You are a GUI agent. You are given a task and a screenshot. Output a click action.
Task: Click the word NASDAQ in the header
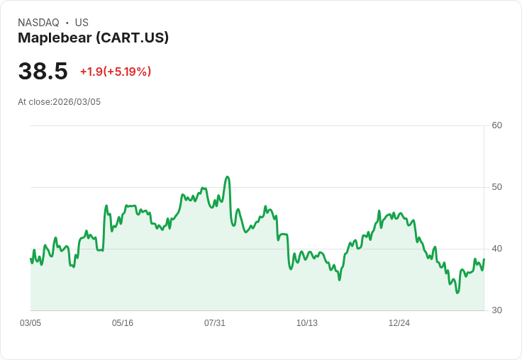(x=38, y=23)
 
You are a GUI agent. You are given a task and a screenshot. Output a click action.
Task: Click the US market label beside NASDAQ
(x=82, y=23)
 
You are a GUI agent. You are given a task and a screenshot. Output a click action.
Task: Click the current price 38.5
(x=43, y=71)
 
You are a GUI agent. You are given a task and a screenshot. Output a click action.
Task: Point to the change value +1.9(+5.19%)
(x=116, y=72)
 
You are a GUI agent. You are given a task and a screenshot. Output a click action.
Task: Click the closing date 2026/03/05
(x=77, y=102)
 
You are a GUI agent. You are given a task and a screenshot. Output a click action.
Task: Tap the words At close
(x=34, y=102)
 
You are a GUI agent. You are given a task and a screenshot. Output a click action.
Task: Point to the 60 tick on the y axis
(x=496, y=125)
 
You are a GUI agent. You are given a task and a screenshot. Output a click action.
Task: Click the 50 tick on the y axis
(x=496, y=187)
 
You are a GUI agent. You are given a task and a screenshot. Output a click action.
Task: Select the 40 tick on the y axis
(x=496, y=249)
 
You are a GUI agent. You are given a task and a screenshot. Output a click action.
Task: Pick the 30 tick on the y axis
(x=496, y=310)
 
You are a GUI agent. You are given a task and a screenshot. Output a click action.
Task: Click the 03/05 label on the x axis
(x=30, y=323)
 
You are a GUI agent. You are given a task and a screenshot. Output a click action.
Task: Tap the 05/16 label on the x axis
(x=123, y=323)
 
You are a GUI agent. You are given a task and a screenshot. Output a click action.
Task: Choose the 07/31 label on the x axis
(x=215, y=323)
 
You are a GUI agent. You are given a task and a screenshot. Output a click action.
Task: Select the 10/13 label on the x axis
(x=307, y=323)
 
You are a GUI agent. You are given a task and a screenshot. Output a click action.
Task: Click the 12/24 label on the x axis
(x=399, y=323)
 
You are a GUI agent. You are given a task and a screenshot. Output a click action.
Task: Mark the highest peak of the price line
(x=227, y=177)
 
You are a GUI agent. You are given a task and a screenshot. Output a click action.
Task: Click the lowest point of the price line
(x=457, y=293)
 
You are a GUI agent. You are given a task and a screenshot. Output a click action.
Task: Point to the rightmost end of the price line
(x=484, y=259)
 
